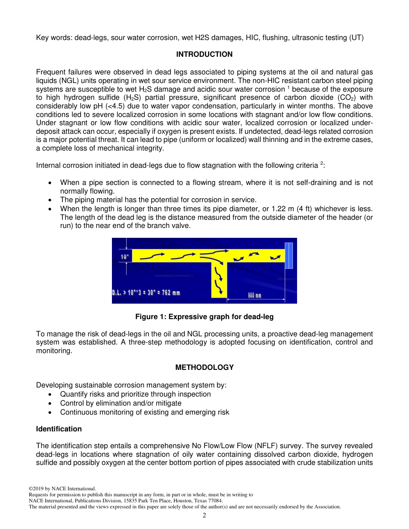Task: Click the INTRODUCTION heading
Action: (x=204, y=55)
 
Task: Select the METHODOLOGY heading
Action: (x=204, y=368)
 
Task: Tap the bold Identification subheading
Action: (x=59, y=429)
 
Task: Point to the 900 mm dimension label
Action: (x=254, y=296)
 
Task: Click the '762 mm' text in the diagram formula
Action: (x=170, y=293)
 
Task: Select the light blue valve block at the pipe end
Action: (x=288, y=255)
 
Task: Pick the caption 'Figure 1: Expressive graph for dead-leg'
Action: (x=204, y=317)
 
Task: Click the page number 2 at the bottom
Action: (x=204, y=516)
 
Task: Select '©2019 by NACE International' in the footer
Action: (x=62, y=489)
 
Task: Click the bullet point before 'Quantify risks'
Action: (x=51, y=394)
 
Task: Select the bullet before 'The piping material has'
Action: (x=51, y=200)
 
